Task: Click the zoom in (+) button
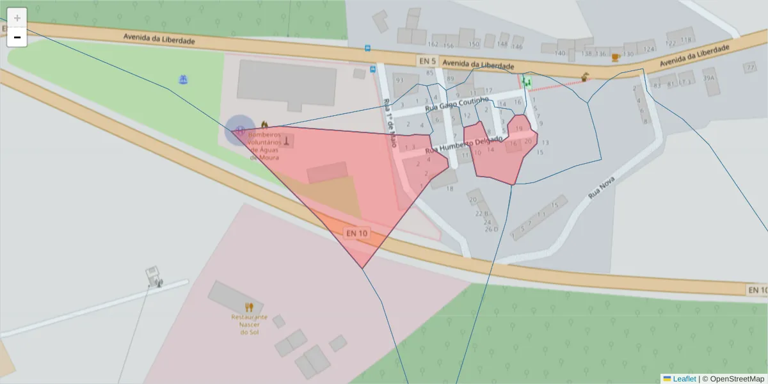pos(17,17)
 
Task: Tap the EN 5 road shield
pos(427,61)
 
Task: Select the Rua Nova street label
pos(601,186)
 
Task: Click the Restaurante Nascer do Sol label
pos(249,324)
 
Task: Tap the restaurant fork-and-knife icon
pos(249,308)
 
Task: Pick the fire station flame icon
pos(264,124)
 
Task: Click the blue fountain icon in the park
pos(183,79)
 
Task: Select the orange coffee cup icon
pos(615,57)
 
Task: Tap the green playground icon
pos(527,81)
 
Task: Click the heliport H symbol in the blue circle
pos(239,130)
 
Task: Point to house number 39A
pos(708,78)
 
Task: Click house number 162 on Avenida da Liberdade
pos(433,45)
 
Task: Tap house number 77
pos(749,67)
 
